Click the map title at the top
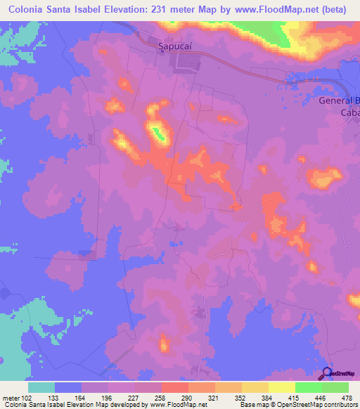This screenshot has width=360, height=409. click(x=179, y=10)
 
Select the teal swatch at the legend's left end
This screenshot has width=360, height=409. click(x=41, y=387)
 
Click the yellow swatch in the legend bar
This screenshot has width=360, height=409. click(x=281, y=387)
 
